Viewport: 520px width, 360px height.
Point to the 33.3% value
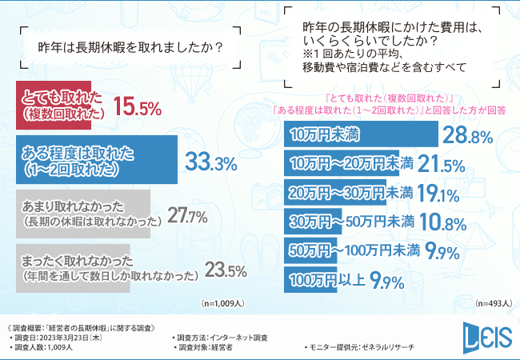point(210,162)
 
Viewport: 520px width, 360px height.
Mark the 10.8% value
point(442,223)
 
